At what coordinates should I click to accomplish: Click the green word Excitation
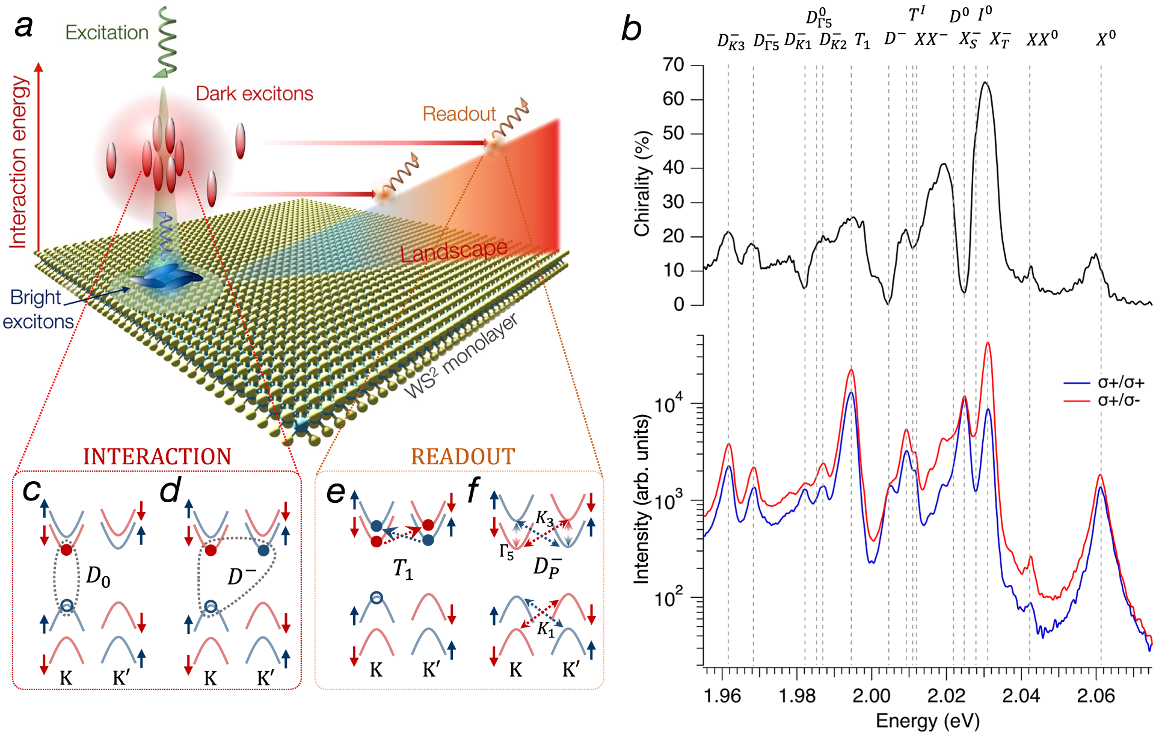pos(106,32)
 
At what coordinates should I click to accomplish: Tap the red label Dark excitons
pos(254,94)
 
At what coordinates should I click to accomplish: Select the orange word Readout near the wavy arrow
pos(459,114)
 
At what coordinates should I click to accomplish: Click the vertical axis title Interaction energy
pos(19,162)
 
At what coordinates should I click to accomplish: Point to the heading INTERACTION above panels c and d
pos(157,457)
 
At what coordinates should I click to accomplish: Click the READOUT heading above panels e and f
pos(463,457)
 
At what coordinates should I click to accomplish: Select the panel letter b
pos(632,29)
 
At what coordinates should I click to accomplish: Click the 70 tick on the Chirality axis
pos(673,65)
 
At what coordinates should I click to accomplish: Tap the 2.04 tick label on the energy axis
pos(1021,696)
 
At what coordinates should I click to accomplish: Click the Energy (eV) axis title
pos(927,721)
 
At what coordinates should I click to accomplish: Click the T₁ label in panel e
pos(403,568)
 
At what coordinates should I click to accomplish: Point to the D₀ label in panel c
pos(98,576)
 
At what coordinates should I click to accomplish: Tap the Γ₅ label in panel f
pos(506,552)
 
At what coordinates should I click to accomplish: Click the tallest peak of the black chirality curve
pos(985,83)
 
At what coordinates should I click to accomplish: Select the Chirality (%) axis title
pos(642,183)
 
